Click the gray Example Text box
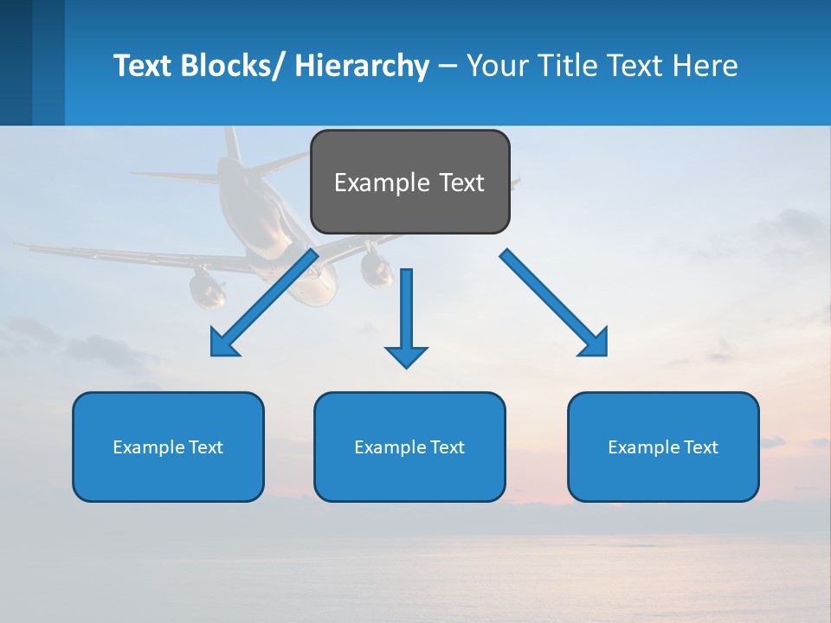(409, 182)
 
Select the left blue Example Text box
(168, 446)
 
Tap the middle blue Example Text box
(409, 446)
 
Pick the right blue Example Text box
(663, 446)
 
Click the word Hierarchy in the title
(361, 66)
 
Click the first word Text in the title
(143, 66)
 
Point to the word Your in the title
(496, 66)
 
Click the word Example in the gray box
(381, 183)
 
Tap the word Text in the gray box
(461, 183)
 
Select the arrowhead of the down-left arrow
(223, 344)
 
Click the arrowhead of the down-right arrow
(595, 344)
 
